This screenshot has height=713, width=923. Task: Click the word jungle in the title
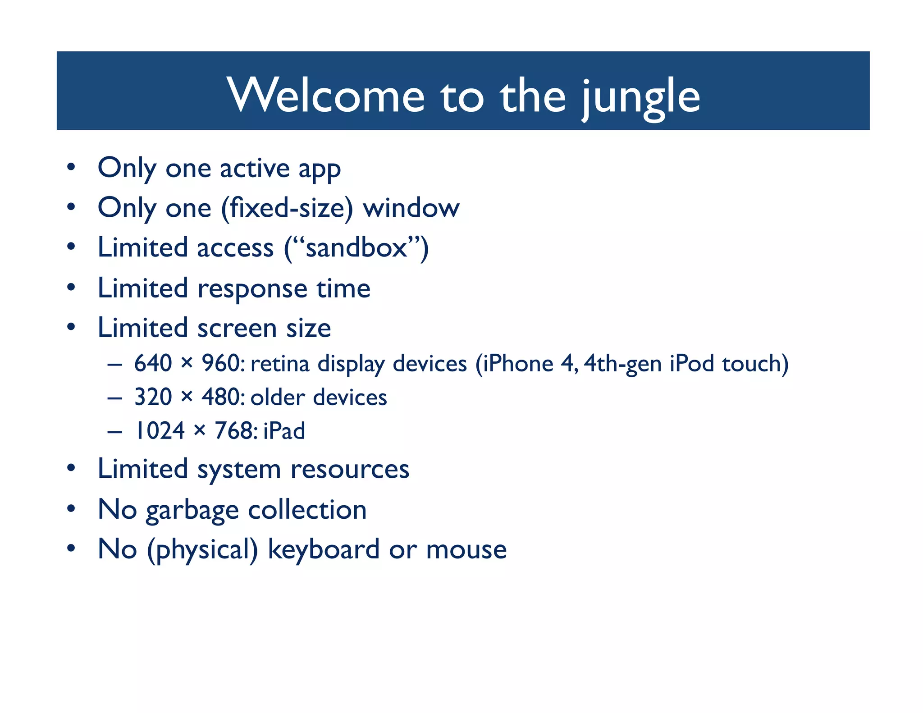(640, 97)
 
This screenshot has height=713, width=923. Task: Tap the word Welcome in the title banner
(326, 96)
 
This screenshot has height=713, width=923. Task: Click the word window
(411, 208)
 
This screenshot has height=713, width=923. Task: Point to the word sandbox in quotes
(356, 248)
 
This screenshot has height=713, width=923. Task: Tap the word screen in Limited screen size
(237, 328)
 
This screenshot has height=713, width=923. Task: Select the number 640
(153, 363)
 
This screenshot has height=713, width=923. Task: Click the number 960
(220, 363)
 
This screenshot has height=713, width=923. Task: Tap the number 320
(153, 397)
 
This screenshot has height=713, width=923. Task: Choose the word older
(278, 398)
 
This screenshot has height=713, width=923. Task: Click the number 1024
(160, 431)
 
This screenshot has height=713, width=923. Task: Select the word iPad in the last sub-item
(284, 431)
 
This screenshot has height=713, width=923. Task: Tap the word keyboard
(323, 550)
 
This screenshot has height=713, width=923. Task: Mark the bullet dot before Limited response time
(71, 287)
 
